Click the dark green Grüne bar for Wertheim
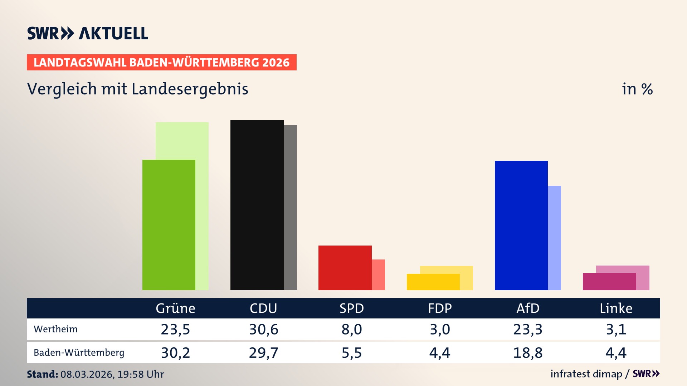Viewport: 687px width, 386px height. click(169, 225)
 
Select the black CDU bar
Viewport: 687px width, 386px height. click(257, 206)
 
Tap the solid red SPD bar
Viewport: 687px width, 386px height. click(345, 268)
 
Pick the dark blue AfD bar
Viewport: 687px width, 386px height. click(521, 225)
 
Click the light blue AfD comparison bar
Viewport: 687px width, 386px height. click(555, 238)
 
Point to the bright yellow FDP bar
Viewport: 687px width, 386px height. click(433, 282)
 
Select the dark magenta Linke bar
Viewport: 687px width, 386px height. click(609, 282)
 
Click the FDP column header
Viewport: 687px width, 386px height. click(440, 308)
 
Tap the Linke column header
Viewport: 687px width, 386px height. click(616, 308)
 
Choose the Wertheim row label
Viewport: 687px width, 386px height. click(55, 329)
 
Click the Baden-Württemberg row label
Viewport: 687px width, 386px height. click(79, 353)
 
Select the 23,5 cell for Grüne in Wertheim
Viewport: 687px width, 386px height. click(175, 329)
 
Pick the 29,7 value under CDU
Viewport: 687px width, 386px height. click(263, 353)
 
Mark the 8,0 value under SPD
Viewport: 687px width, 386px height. click(352, 329)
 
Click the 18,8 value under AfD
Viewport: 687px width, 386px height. click(528, 353)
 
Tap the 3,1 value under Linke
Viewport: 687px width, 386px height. click(616, 329)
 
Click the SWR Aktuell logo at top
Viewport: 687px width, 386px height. click(88, 33)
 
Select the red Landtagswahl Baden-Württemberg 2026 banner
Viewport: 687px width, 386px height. click(161, 63)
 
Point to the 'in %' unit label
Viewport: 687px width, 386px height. click(637, 89)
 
